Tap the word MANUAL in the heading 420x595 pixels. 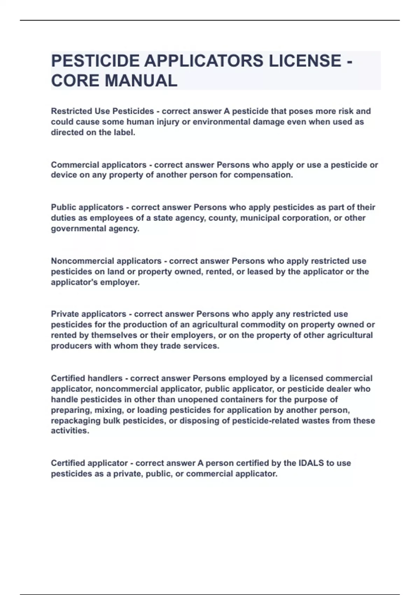141,81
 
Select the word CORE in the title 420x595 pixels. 75,81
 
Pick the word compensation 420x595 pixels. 263,175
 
